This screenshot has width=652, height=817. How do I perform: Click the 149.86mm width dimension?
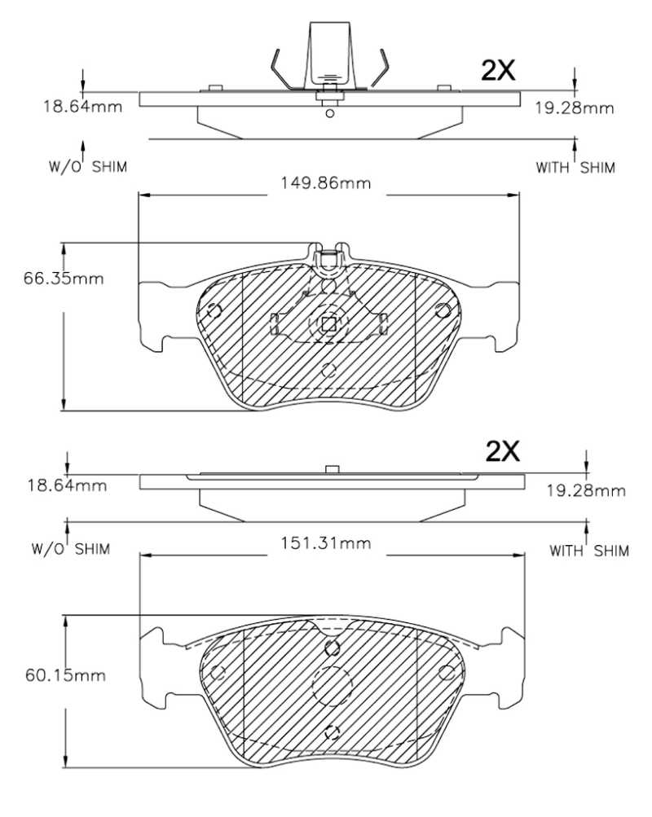click(326, 183)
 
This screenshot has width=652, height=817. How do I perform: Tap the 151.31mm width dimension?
click(326, 543)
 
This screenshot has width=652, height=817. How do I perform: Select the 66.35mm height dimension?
click(64, 279)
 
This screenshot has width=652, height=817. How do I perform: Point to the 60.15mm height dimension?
click(65, 675)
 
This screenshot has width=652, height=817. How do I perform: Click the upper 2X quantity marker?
click(498, 70)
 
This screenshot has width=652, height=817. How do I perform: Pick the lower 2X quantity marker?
click(502, 451)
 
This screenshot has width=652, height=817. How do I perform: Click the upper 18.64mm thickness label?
click(82, 107)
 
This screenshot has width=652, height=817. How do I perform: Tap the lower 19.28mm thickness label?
click(586, 490)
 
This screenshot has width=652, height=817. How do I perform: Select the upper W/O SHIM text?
click(87, 167)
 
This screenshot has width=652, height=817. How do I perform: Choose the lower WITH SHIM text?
click(589, 550)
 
